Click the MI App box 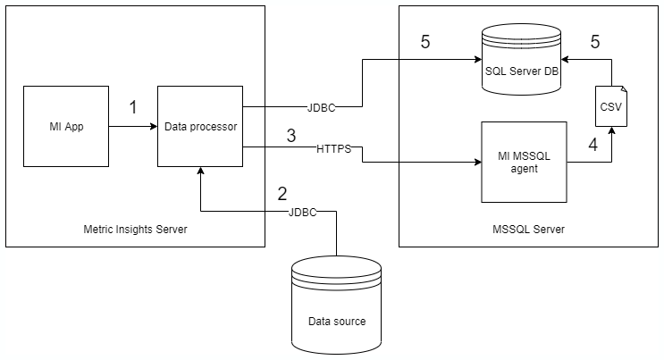[65, 126]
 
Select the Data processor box [200, 126]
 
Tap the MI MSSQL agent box [524, 162]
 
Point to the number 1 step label [133, 107]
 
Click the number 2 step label [282, 193]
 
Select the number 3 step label [290, 136]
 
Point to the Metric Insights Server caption [134, 230]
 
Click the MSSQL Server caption [529, 230]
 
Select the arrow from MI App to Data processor [132, 126]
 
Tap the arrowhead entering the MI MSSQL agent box [475, 162]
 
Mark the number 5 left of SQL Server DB [425, 42]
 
